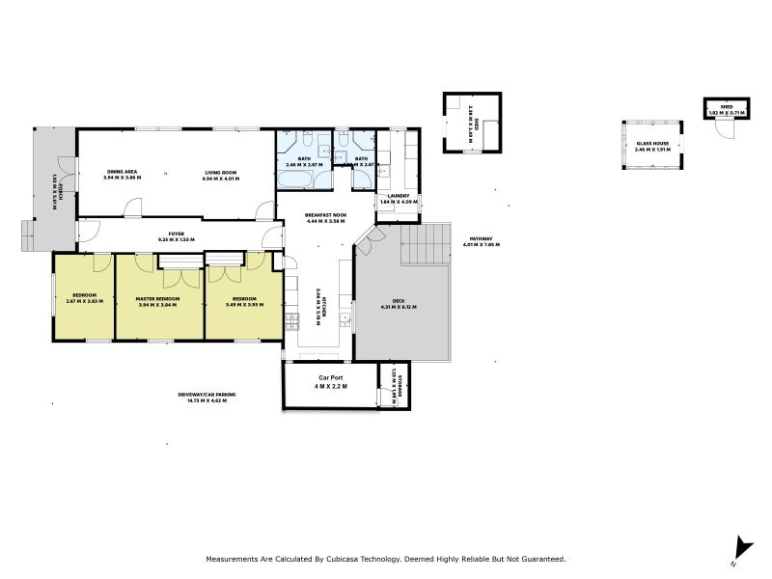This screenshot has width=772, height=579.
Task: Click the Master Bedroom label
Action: [159, 298]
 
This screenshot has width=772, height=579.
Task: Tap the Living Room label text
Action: [220, 172]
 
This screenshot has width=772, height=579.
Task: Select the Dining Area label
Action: [123, 172]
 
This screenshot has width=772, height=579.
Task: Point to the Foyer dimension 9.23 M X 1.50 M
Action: [177, 239]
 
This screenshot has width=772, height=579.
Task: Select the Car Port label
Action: [331, 377]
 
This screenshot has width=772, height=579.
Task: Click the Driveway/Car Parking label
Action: [207, 395]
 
